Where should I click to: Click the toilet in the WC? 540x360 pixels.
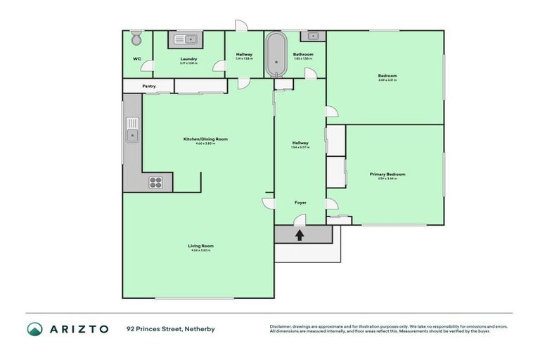click(x=136, y=37)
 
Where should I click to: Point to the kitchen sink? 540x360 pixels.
click(x=131, y=129)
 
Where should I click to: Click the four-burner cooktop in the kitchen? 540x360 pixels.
click(x=156, y=182)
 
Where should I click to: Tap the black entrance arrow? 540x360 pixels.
click(x=300, y=235)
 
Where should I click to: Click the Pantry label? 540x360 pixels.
click(x=149, y=86)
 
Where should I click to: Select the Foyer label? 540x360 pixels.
click(x=300, y=202)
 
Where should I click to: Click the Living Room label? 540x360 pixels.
click(x=201, y=245)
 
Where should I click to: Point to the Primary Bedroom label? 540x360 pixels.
click(x=387, y=174)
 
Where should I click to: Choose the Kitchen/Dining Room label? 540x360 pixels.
click(x=205, y=139)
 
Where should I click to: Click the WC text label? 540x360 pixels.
click(x=136, y=58)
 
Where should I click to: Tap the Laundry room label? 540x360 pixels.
click(x=188, y=58)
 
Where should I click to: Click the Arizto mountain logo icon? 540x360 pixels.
click(x=35, y=328)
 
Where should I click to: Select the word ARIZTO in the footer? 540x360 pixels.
click(x=79, y=328)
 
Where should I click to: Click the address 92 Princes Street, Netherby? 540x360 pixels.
click(x=171, y=328)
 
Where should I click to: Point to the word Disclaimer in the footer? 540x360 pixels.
click(x=281, y=326)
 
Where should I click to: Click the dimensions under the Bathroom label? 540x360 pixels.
click(x=303, y=59)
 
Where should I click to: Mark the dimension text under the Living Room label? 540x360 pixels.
click(x=201, y=250)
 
